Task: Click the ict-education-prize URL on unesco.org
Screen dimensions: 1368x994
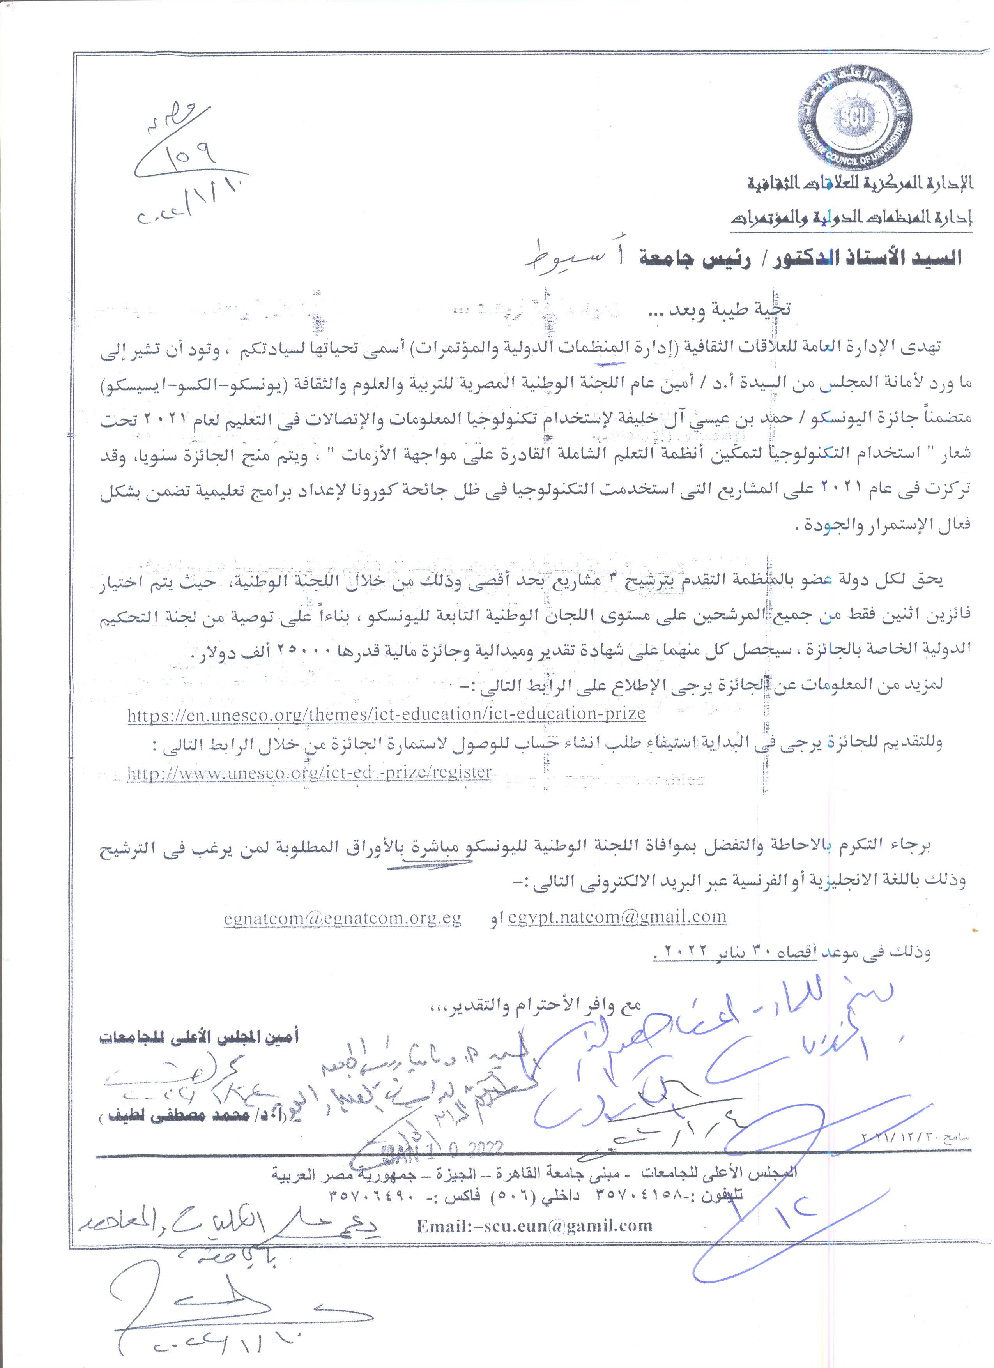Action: tap(387, 714)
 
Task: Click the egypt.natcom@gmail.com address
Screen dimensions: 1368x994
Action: tap(617, 917)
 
